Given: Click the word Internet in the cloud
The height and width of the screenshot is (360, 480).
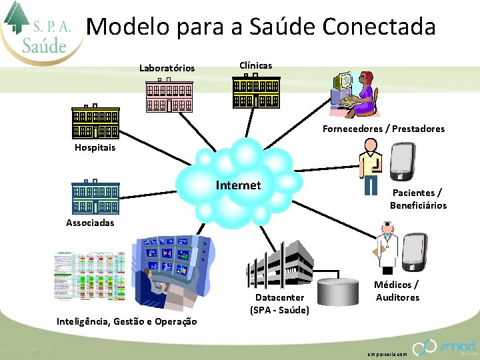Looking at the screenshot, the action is (x=238, y=185).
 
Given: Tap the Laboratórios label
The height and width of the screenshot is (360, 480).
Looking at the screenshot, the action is (x=167, y=68).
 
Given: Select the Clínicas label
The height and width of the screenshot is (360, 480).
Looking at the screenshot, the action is (x=255, y=65).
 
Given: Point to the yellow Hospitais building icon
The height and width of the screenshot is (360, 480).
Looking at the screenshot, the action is (x=95, y=122).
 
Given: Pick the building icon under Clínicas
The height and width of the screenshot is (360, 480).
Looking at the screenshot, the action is (x=256, y=91).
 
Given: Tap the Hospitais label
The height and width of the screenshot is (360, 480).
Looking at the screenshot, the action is (x=95, y=147).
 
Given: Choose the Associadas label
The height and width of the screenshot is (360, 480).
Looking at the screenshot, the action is (x=90, y=223).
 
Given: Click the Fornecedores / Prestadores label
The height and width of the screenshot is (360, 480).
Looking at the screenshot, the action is (x=383, y=129).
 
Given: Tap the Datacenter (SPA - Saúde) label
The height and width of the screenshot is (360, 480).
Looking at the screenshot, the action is (x=279, y=303).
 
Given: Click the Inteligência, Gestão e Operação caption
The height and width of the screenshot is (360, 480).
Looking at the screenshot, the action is (x=127, y=321).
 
